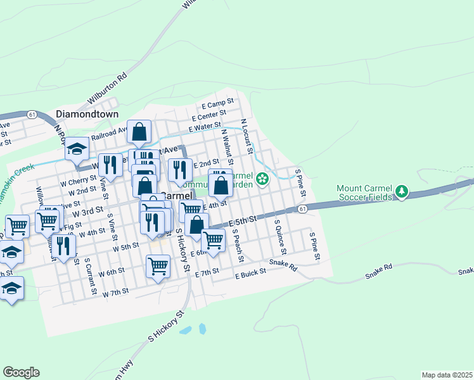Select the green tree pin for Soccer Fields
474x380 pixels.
pyautogui.click(x=401, y=191)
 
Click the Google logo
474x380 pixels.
pyautogui.click(x=22, y=372)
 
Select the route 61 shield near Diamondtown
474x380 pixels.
pyautogui.click(x=32, y=114)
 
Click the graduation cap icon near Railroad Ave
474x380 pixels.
pyautogui.click(x=77, y=149)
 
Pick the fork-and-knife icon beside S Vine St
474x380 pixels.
pyautogui.click(x=110, y=165)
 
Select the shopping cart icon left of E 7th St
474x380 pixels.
pyautogui.click(x=158, y=266)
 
